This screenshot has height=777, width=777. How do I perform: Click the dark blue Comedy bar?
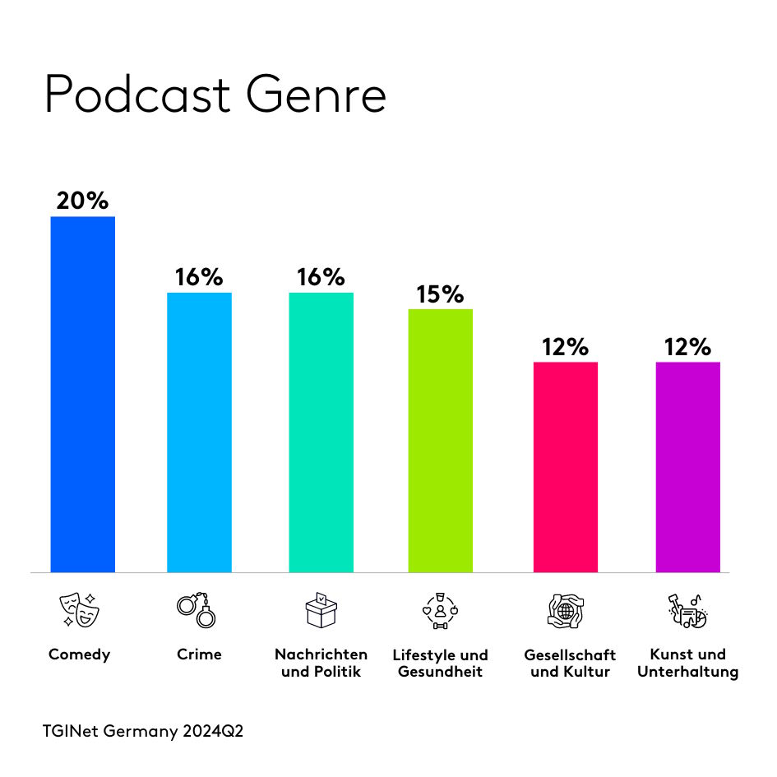pos(82,394)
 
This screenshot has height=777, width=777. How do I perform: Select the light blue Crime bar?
pos(199,432)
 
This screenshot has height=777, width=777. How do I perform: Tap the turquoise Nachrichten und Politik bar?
pos(321,432)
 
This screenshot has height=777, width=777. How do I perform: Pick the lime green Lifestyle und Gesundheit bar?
pos(441,440)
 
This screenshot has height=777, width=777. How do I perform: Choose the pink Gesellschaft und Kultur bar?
pos(565,466)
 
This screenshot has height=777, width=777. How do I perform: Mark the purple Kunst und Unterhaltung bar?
pos(687,466)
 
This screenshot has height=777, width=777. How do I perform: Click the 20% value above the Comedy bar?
pos(82,201)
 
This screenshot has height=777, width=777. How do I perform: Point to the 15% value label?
pos(441,294)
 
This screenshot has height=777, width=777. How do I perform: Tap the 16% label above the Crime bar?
pos(199,277)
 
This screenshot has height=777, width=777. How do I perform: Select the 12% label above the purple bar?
pos(687,347)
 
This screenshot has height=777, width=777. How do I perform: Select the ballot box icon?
pos(321,610)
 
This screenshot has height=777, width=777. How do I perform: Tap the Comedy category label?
pos(79,655)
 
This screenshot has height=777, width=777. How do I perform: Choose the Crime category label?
pos(199,655)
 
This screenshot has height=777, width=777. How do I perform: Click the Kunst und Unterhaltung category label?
pos(687,664)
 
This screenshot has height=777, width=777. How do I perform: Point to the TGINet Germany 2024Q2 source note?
pos(143,731)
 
